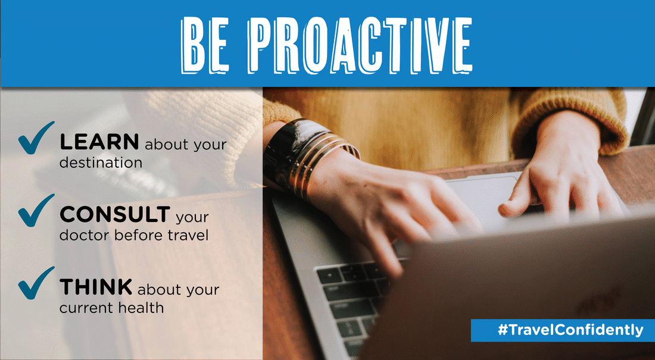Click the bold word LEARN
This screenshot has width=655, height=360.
(x=99, y=142)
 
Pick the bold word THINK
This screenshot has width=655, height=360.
(x=96, y=287)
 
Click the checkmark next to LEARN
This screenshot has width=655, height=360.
(x=36, y=138)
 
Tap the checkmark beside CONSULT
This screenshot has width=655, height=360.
(x=36, y=211)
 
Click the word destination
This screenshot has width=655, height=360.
(x=101, y=162)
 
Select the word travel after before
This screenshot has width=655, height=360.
(x=188, y=235)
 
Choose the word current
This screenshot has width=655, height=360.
(x=86, y=309)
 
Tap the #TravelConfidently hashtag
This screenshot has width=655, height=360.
(x=570, y=330)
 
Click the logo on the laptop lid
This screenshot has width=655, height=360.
(x=597, y=300)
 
